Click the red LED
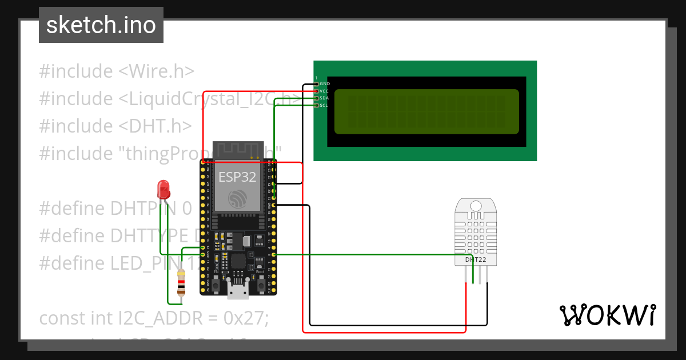[163, 189]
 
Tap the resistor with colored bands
[181, 283]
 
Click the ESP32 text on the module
[237, 177]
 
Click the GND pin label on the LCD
[324, 84]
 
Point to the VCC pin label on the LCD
[324, 91]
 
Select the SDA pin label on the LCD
[324, 98]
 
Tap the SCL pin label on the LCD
[324, 105]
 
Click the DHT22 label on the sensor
[475, 259]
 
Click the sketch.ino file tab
[101, 25]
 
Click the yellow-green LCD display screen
[426, 111]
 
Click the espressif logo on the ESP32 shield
[237, 199]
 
